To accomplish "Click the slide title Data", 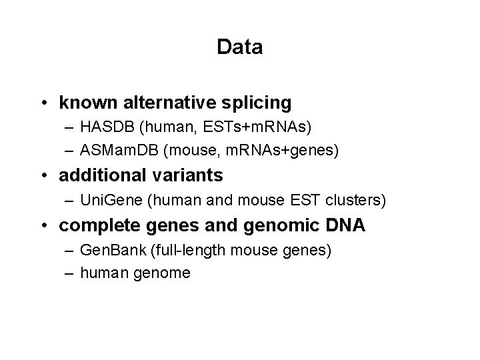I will click(x=240, y=47).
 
